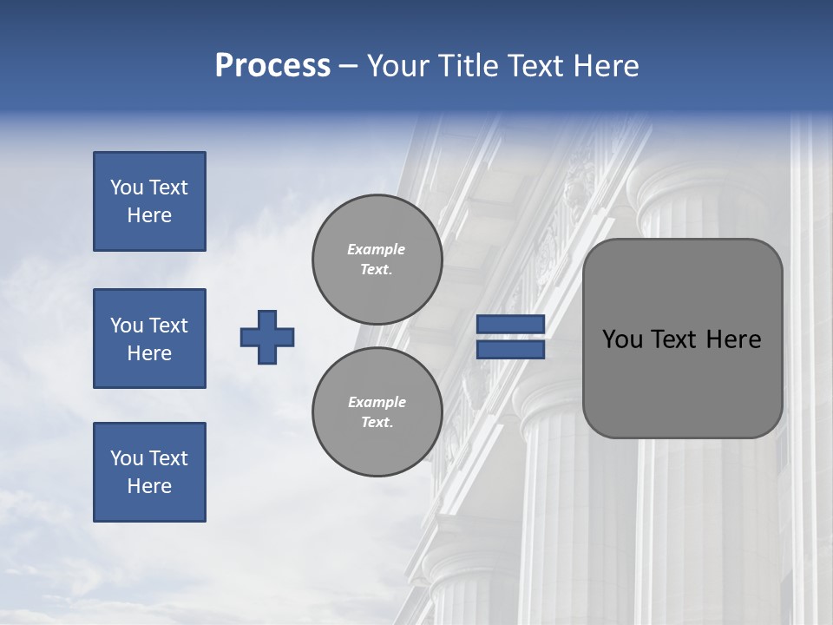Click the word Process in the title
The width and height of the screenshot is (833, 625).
pos(272,66)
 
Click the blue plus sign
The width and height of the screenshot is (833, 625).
pos(267,337)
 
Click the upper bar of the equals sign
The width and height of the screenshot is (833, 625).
pos(510,325)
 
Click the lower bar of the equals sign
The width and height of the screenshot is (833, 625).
pos(510,350)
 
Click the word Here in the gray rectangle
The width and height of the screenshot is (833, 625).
pos(733,339)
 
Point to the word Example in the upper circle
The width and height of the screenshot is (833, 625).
pos(377,249)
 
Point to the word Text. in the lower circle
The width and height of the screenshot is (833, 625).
pos(377,423)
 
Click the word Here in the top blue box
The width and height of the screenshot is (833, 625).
pos(149,215)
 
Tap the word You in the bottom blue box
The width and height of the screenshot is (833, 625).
pos(127,458)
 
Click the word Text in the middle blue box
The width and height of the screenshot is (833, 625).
pos(168,326)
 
